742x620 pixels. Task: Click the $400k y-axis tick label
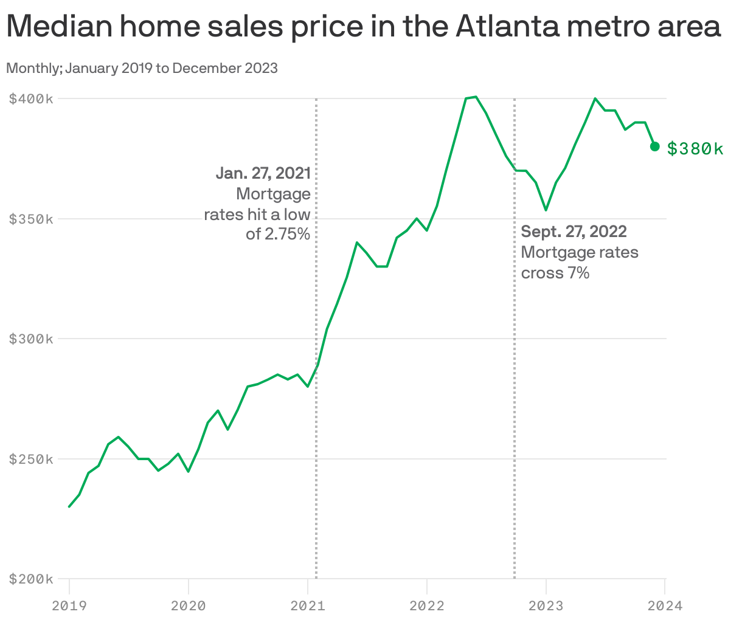point(31,98)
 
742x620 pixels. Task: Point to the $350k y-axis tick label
point(31,219)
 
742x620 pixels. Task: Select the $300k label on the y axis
point(31,339)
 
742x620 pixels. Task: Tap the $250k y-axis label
point(31,459)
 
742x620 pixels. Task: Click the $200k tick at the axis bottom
point(31,579)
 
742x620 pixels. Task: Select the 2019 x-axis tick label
point(69,605)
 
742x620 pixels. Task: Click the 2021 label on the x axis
point(308,605)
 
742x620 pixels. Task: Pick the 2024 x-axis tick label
point(665,605)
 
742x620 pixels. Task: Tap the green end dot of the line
point(655,146)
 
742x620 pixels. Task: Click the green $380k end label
point(695,148)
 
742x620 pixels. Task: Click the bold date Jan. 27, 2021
point(263,173)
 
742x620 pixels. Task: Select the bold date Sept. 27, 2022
point(574,232)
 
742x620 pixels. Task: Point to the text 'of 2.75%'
point(278,233)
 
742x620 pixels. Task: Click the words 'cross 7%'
point(555,273)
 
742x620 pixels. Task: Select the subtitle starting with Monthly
point(142,68)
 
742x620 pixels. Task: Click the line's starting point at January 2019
point(69,506)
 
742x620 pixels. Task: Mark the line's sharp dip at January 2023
point(546,210)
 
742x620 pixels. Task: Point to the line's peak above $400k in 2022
point(476,97)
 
